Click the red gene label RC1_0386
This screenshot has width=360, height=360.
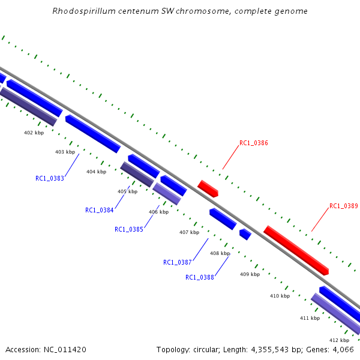(x=253, y=143)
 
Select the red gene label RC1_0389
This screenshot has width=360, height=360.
(x=343, y=206)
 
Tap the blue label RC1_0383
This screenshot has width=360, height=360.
(x=50, y=178)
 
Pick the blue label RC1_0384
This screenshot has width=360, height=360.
(x=100, y=211)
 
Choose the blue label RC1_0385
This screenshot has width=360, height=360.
(x=129, y=229)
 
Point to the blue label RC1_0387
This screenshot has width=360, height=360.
(x=177, y=262)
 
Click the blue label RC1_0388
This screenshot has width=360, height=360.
(x=200, y=277)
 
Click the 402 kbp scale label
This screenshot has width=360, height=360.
(x=34, y=133)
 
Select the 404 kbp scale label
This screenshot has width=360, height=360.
(x=96, y=172)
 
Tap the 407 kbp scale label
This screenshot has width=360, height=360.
(x=189, y=232)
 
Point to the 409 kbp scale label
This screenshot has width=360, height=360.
(x=250, y=274)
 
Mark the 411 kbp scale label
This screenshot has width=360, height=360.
(x=310, y=318)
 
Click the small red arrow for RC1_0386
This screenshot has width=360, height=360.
(x=208, y=188)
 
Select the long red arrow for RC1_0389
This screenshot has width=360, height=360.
(x=296, y=251)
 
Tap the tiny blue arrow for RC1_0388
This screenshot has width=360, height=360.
(x=245, y=234)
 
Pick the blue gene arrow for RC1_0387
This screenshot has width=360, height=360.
(x=223, y=219)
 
